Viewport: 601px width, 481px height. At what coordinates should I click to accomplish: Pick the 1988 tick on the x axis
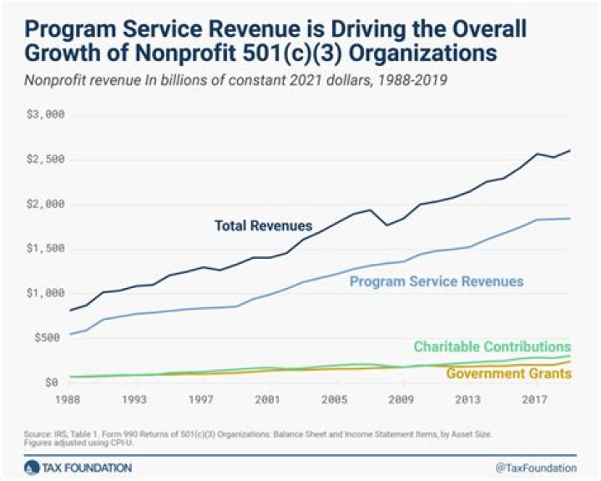(x=69, y=399)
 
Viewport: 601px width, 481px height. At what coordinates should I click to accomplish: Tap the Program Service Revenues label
(x=436, y=281)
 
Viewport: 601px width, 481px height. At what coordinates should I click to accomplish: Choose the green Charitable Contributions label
(x=492, y=347)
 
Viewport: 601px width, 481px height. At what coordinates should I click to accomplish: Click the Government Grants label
(x=508, y=373)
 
